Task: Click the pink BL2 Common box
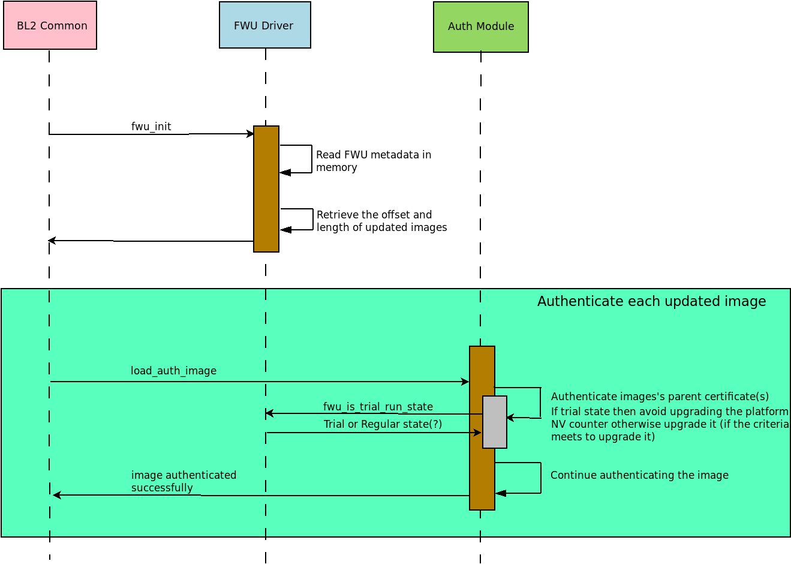click(50, 25)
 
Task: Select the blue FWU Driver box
click(264, 25)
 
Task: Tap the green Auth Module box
click(480, 27)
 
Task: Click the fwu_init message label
click(151, 127)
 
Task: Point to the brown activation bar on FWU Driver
click(266, 188)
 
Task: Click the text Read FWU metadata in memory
click(373, 161)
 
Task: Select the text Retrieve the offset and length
click(381, 221)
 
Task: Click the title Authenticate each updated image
click(651, 301)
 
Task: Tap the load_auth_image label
click(173, 371)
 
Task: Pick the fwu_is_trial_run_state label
click(378, 407)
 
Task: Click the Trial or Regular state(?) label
click(383, 424)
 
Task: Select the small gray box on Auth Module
click(495, 422)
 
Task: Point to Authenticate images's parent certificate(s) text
click(660, 397)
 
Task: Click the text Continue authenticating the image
click(639, 475)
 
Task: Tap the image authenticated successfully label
click(184, 481)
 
